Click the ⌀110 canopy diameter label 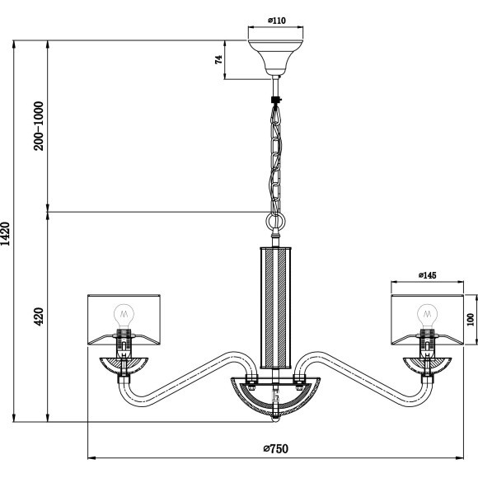click(x=276, y=22)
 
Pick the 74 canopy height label click(x=220, y=59)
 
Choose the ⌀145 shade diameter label click(x=428, y=275)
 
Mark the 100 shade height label click(x=471, y=318)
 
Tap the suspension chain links click(x=275, y=157)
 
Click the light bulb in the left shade click(x=124, y=314)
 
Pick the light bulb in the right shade click(x=427, y=314)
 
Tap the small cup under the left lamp click(x=124, y=364)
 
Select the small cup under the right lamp click(x=427, y=364)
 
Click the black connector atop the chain click(x=275, y=101)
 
